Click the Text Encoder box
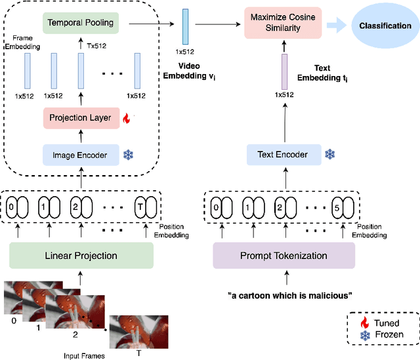coord(282,155)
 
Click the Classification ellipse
coord(379,26)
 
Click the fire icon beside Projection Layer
coord(125,119)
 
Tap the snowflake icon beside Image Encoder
coord(128,155)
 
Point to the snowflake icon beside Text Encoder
coord(330,155)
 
